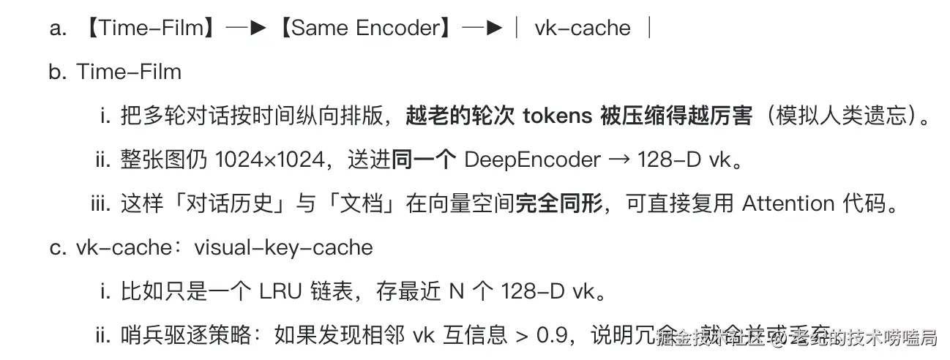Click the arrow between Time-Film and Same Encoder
pos(247,28)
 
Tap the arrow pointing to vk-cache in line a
pos(482,28)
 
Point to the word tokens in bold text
pos(557,116)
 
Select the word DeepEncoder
pos(521,160)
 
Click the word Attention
pos(788,204)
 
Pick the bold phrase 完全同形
pos(560,204)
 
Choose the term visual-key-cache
pos(283,248)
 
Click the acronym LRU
pos(281,292)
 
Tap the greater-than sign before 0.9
pos(521,337)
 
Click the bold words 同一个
pos(424,160)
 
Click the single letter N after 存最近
pos(457,292)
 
